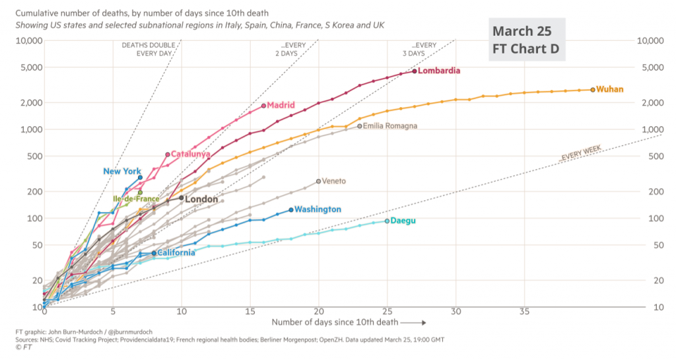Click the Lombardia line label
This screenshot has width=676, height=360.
point(439,71)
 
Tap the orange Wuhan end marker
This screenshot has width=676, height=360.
point(593,89)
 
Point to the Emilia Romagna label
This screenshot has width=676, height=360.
point(390,126)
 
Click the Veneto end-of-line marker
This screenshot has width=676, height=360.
point(318,181)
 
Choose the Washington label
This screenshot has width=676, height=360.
point(318,209)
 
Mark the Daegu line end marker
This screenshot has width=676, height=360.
point(387,221)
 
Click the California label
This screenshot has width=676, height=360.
point(176,252)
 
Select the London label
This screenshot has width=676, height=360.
point(201,199)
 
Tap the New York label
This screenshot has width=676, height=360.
point(122,172)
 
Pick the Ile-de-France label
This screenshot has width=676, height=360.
point(135,199)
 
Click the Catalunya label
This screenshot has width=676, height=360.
point(190,155)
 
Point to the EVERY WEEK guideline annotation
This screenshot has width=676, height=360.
point(581,154)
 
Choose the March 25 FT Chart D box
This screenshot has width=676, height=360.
point(527,40)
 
